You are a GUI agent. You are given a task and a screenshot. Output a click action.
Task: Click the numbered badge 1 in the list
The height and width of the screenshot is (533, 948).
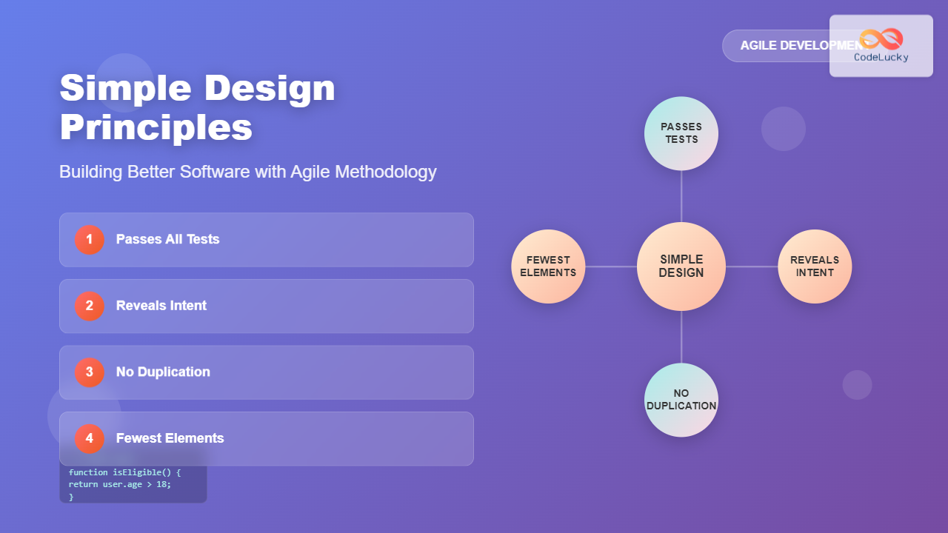(90, 240)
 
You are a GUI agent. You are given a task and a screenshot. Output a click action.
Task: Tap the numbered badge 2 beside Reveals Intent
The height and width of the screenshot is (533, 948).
(90, 306)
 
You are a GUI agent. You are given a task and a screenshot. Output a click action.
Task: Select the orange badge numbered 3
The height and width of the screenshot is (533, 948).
(90, 372)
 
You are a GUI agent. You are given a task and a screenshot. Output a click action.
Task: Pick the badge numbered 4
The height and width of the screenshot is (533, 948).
(90, 438)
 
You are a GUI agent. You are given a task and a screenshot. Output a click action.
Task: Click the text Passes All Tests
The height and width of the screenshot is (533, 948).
(167, 240)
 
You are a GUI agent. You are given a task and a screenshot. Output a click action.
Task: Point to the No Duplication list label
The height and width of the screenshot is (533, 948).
(163, 372)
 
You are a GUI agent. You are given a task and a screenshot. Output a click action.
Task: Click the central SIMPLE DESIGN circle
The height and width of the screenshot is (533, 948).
(681, 266)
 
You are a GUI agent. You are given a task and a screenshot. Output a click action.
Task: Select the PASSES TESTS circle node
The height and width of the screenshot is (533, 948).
(681, 133)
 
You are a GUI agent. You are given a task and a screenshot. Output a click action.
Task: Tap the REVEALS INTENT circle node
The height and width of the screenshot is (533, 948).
(815, 266)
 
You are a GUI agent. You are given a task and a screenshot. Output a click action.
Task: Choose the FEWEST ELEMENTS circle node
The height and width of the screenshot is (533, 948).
(548, 266)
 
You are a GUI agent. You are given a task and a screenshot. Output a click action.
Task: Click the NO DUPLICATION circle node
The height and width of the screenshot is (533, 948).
(681, 400)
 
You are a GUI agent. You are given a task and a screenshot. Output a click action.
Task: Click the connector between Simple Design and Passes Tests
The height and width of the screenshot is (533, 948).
(681, 196)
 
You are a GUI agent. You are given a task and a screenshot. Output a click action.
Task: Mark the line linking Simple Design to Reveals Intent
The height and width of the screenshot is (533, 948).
(752, 266)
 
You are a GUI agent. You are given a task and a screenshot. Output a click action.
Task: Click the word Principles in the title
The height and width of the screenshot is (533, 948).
(156, 127)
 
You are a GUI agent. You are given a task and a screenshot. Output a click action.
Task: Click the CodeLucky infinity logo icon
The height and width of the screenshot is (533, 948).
(881, 38)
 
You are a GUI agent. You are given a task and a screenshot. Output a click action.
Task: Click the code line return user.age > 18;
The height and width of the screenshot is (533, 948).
(120, 484)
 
